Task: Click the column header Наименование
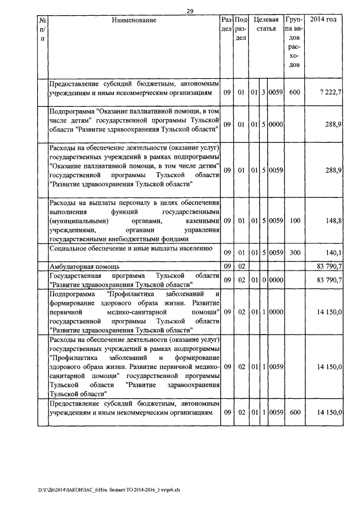[133, 20]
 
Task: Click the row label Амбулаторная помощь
[84, 266]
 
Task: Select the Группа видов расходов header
[295, 42]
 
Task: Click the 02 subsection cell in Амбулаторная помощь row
[241, 266]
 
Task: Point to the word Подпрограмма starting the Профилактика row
[71, 294]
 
